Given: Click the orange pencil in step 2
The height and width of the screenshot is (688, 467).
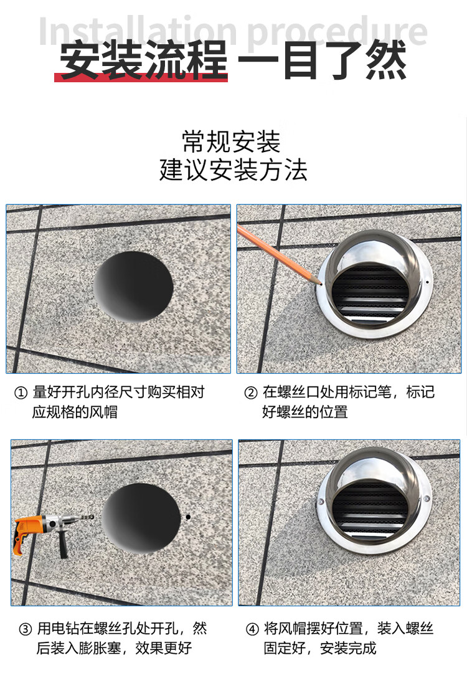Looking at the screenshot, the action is (279, 255).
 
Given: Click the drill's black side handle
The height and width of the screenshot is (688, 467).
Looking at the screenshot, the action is (62, 544).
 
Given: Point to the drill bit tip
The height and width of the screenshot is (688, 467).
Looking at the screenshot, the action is (94, 518).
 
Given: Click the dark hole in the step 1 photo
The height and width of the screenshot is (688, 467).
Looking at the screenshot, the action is (133, 287).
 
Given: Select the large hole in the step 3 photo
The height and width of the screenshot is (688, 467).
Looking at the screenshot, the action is (141, 518).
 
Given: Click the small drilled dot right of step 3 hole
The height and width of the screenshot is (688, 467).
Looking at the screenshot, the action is (188, 517).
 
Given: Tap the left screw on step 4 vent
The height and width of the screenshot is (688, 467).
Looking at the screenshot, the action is (321, 501).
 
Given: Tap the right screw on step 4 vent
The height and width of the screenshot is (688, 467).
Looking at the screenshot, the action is (427, 499).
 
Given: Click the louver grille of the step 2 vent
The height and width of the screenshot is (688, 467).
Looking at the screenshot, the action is (370, 293).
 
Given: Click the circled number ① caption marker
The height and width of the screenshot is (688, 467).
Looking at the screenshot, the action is (21, 392).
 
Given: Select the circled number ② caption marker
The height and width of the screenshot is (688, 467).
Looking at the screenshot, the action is (250, 392).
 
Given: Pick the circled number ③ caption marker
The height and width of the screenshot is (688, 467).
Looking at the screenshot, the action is (26, 629).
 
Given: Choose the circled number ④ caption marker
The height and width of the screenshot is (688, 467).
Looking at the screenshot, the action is (252, 629).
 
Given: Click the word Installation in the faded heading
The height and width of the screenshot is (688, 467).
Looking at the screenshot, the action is (138, 32).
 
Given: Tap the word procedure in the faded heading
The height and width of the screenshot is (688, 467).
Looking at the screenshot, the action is (337, 32).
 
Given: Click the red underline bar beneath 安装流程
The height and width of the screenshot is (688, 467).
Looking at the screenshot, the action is (141, 77).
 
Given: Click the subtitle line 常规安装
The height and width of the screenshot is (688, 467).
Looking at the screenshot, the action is (231, 141).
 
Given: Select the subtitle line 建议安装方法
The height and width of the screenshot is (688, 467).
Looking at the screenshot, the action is (233, 170).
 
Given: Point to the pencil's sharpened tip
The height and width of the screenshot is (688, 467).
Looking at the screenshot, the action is (321, 285).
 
